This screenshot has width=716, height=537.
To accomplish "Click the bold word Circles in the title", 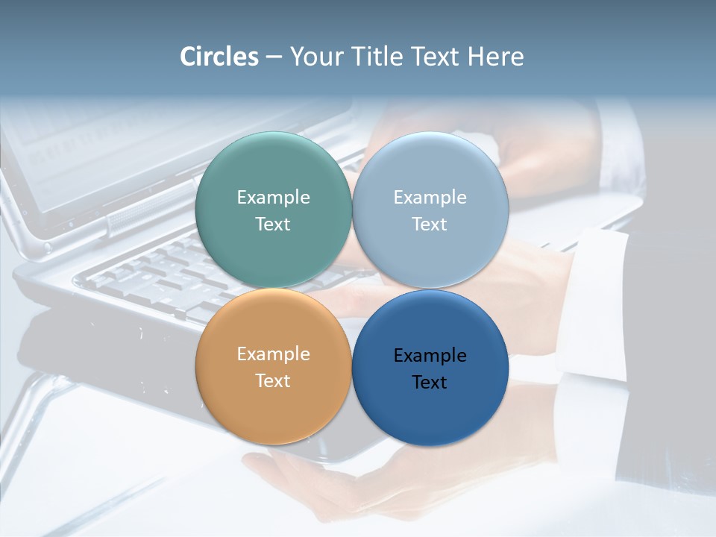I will [219, 57].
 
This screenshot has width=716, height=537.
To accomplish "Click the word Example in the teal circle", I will [273, 198].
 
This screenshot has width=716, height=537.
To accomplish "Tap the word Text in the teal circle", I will [273, 224].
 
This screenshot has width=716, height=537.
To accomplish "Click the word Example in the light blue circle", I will [430, 198].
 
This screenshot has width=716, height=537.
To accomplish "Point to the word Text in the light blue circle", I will [430, 224].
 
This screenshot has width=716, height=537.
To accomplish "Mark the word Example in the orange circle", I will [273, 354].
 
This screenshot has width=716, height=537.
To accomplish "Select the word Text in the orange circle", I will [273, 380].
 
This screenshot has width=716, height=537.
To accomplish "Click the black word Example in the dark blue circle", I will [430, 356].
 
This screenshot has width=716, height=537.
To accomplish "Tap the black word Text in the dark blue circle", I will [430, 382].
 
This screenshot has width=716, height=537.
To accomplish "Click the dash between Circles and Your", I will [273, 57].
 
